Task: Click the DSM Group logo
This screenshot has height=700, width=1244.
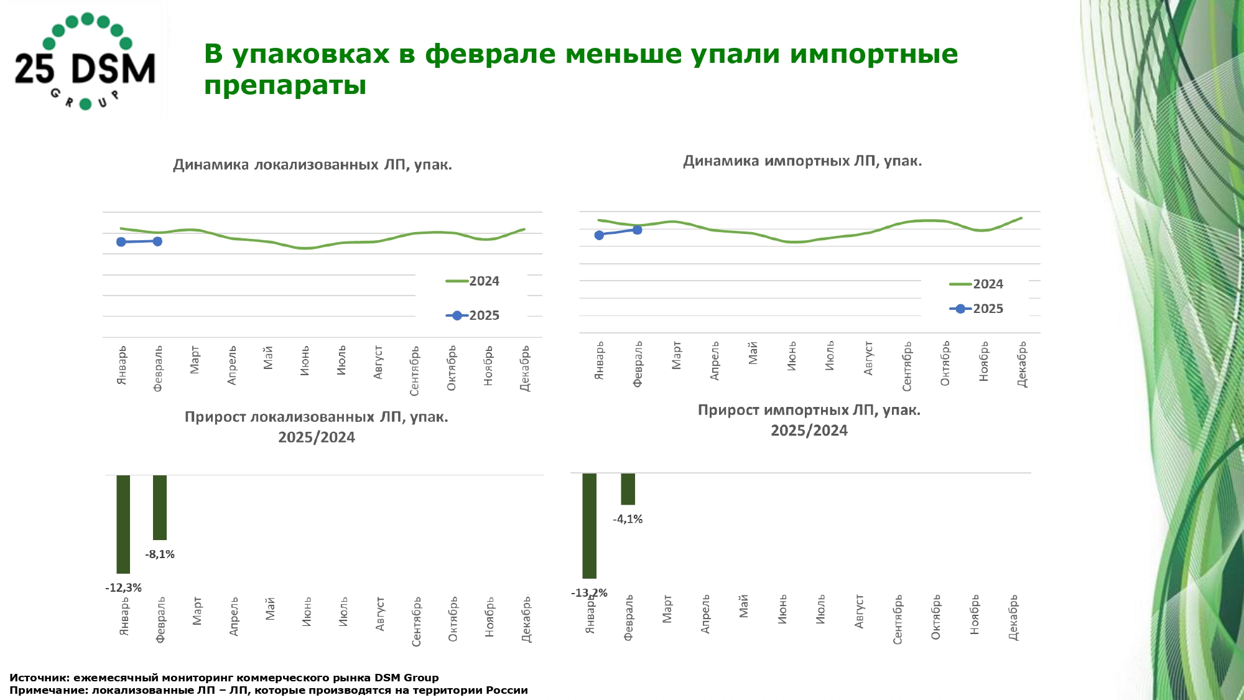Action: pyautogui.click(x=85, y=61)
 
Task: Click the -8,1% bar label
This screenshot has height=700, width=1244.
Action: pyautogui.click(x=160, y=554)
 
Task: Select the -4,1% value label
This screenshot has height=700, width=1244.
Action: pyautogui.click(x=628, y=519)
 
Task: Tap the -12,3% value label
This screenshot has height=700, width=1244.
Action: pyautogui.click(x=123, y=587)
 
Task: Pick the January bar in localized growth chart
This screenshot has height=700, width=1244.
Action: pyautogui.click(x=123, y=524)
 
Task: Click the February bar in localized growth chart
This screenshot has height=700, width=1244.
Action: pyautogui.click(x=160, y=507)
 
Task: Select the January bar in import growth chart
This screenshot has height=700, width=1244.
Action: pyautogui.click(x=589, y=525)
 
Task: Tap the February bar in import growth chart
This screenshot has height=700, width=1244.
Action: pyautogui.click(x=628, y=488)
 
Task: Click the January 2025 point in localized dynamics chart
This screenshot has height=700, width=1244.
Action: pyautogui.click(x=121, y=242)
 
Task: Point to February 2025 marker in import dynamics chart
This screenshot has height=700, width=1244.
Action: pyautogui.click(x=637, y=230)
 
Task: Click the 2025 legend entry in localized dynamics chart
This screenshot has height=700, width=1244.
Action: pyautogui.click(x=473, y=315)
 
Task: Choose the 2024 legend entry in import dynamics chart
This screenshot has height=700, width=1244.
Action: pyautogui.click(x=977, y=284)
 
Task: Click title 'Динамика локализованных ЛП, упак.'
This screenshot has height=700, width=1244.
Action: pyautogui.click(x=312, y=165)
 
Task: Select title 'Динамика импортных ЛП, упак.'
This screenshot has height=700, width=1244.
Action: pyautogui.click(x=802, y=161)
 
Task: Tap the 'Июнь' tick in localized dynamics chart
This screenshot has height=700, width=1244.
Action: pyautogui.click(x=305, y=361)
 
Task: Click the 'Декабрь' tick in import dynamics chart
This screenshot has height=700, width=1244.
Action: pyautogui.click(x=1022, y=364)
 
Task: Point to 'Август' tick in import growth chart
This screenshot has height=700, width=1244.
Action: pyautogui.click(x=859, y=611)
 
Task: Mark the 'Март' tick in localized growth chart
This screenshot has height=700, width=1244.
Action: pyautogui.click(x=197, y=611)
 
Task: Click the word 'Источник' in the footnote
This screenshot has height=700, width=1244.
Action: pyautogui.click(x=39, y=678)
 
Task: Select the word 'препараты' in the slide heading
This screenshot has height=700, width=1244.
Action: pyautogui.click(x=285, y=85)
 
